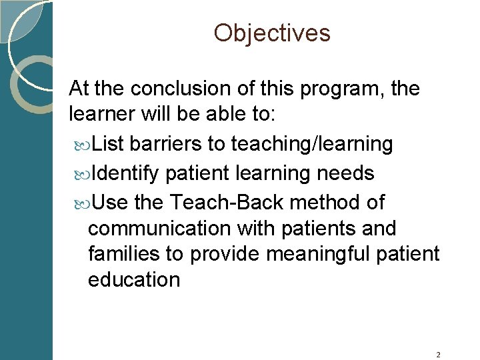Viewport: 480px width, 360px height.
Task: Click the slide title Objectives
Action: [x=272, y=33]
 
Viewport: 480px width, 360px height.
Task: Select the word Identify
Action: [x=125, y=173]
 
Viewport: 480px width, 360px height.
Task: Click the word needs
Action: [x=345, y=173]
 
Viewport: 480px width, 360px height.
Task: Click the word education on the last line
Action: [x=134, y=279]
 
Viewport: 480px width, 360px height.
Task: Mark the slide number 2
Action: [x=438, y=355]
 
